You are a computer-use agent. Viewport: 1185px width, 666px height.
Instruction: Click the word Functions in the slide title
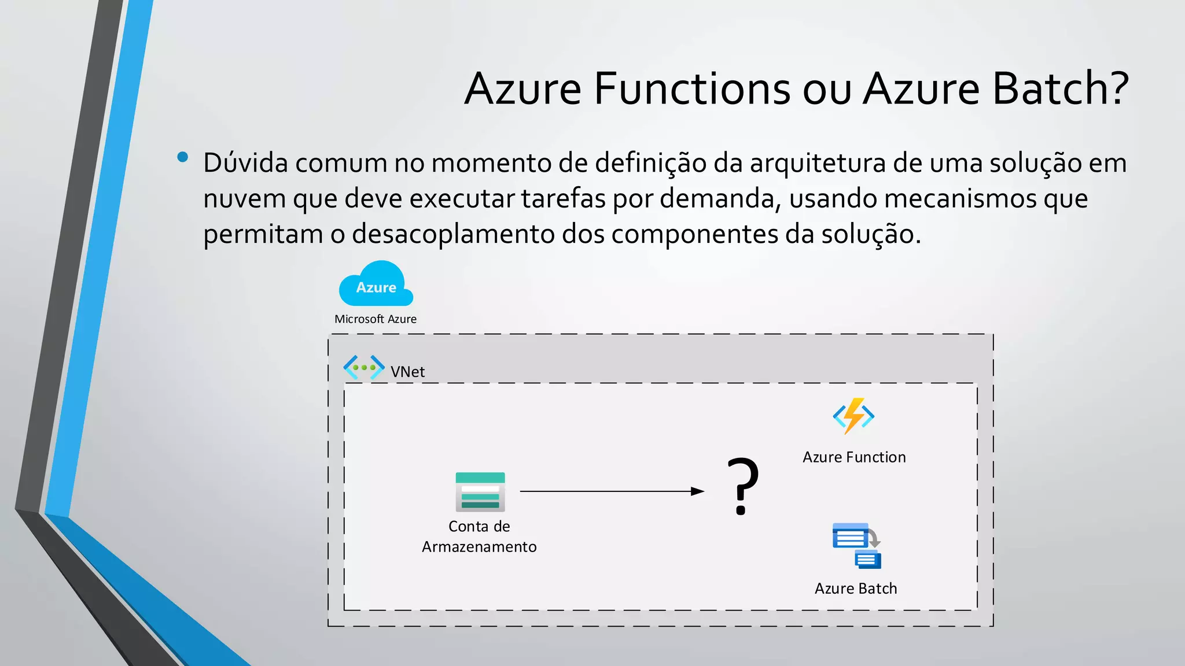pos(692,89)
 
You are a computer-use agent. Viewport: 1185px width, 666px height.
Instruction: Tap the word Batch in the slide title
pos(1051,89)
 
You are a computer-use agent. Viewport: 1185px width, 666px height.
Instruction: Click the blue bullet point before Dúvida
pos(183,157)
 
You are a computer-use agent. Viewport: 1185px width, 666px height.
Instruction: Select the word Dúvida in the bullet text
pos(245,163)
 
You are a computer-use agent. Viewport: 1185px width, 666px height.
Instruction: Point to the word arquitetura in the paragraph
pos(818,163)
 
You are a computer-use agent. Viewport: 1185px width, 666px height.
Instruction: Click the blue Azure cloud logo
pos(376,284)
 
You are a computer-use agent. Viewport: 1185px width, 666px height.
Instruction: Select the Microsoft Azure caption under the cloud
pos(376,319)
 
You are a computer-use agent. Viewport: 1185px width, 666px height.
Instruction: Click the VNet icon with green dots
pos(364,367)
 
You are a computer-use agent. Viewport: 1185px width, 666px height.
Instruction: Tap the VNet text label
pos(407,372)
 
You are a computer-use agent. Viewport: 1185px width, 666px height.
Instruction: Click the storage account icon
pos(480,492)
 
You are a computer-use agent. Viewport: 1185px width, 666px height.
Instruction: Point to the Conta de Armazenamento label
pos(479,536)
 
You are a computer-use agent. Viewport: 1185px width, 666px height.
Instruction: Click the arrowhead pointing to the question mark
pos(698,491)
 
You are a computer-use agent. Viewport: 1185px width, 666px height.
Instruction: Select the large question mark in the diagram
pos(743,486)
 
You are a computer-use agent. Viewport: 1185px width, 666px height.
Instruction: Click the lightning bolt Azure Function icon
pos(853,416)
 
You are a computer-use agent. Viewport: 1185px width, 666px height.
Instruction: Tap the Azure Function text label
pos(854,457)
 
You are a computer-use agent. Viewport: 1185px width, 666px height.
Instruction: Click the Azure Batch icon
pos(856,546)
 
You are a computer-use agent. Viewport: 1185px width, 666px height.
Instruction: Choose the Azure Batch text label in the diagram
pos(856,589)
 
